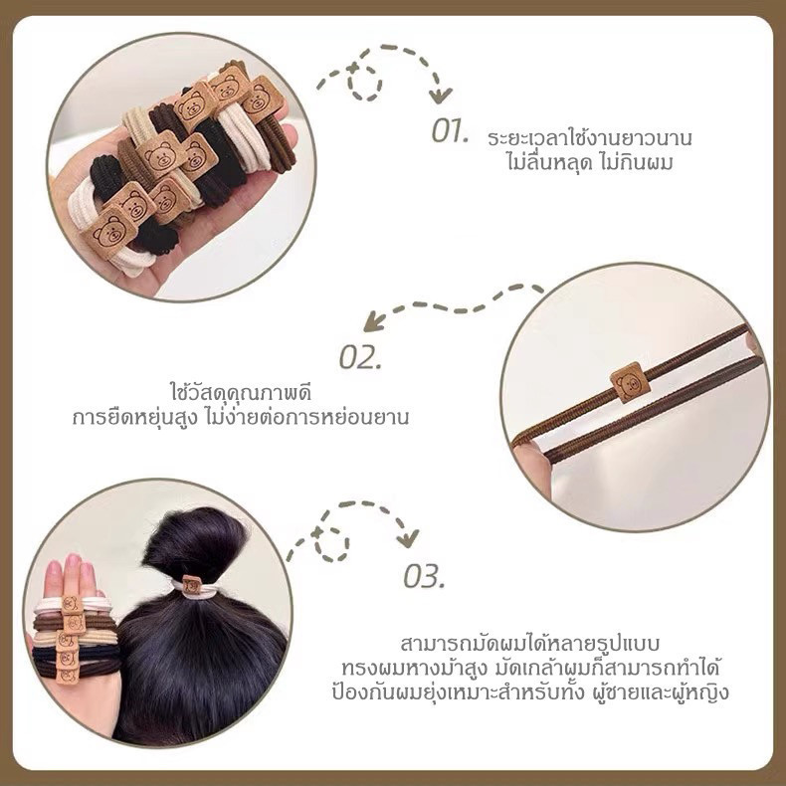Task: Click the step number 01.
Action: tap(450, 131)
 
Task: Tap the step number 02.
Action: tap(360, 357)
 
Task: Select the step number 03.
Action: tap(424, 576)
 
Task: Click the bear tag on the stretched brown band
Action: tap(630, 382)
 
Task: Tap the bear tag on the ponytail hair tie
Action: tap(191, 585)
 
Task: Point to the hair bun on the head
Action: tap(195, 544)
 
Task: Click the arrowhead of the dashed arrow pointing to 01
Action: tap(440, 96)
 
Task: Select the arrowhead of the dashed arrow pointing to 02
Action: tap(373, 322)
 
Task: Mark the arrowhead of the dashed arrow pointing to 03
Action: tap(408, 539)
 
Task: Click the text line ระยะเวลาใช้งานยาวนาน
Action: tap(589, 137)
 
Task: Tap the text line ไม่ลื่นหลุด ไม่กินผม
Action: tap(589, 162)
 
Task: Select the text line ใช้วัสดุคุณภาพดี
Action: tap(241, 392)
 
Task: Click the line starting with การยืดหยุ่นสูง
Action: tap(241, 417)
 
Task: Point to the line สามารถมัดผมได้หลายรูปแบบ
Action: tap(530, 643)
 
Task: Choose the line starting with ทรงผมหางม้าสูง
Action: tap(530, 669)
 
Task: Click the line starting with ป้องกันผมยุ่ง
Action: tap(530, 693)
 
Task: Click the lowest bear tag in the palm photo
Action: tap(109, 232)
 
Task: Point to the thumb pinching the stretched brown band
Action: tap(532, 464)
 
